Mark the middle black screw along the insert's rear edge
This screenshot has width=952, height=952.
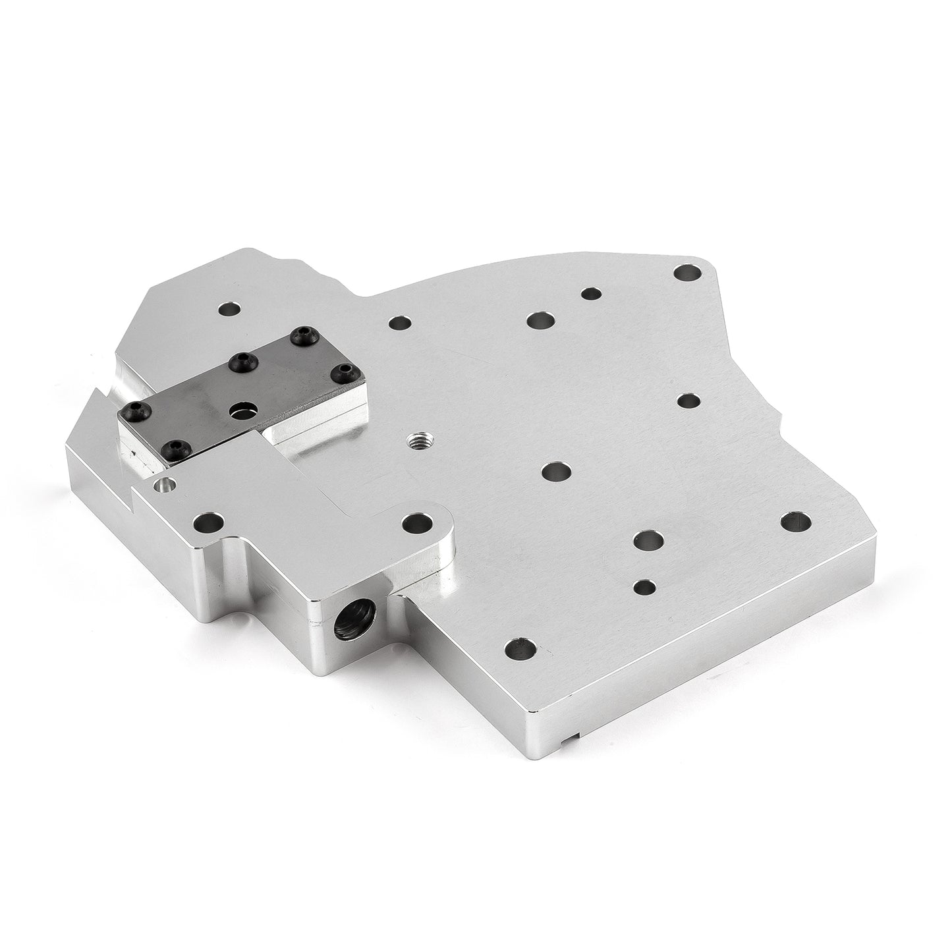240,360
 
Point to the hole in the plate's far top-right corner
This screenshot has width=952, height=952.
686,273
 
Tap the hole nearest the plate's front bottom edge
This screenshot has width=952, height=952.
520,650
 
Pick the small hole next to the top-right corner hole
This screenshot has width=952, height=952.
591,294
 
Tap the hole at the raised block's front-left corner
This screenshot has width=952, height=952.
208,524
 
